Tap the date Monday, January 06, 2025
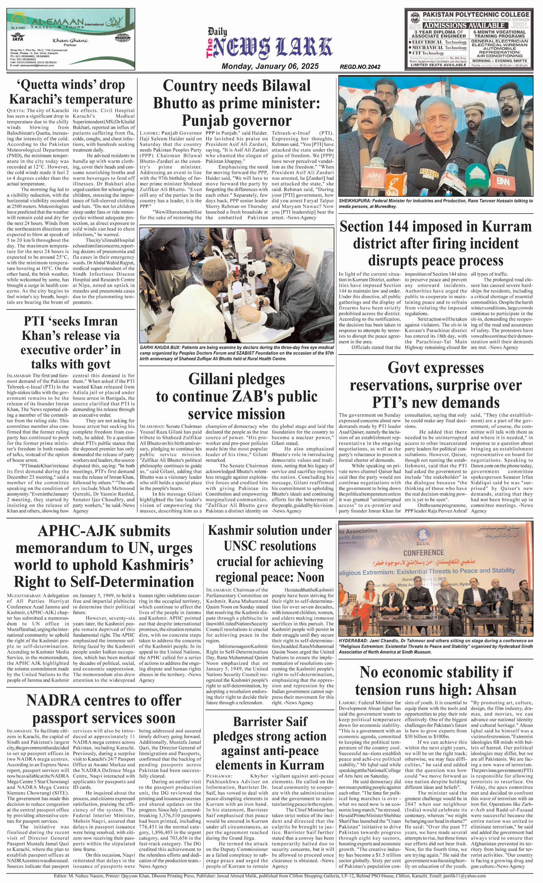(x=270, y=66)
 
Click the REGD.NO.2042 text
(x=360, y=67)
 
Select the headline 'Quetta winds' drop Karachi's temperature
(x=71, y=92)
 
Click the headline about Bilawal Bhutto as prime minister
(x=237, y=103)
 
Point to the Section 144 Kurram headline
(x=436, y=243)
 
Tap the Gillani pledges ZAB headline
(x=237, y=396)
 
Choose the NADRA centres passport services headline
(x=104, y=709)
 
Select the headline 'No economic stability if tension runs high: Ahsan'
(x=436, y=681)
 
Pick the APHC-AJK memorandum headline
(x=104, y=556)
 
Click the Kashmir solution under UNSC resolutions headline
(x=270, y=554)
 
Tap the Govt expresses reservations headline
(x=436, y=385)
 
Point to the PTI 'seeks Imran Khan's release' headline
(x=71, y=342)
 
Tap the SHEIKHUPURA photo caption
(x=436, y=203)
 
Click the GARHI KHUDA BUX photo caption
(x=237, y=353)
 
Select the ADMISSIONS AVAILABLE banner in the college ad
(x=464, y=25)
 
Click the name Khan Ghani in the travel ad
(x=70, y=40)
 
